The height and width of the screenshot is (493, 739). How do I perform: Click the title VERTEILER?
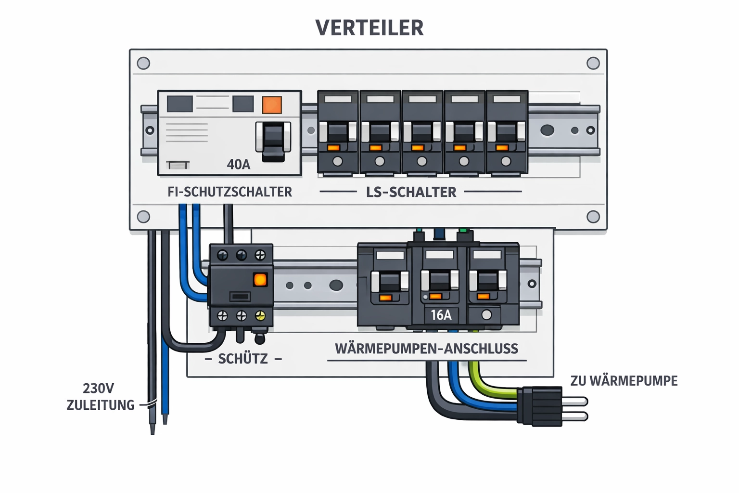[x=369, y=27]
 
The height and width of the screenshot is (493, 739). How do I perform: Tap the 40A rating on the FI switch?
[x=239, y=165]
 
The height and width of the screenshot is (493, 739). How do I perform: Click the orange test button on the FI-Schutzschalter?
[x=271, y=104]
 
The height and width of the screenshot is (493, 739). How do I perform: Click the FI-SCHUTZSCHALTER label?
[x=229, y=192]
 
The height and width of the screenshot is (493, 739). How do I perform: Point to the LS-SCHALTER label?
[x=411, y=192]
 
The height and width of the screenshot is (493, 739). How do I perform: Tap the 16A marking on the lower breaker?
[x=441, y=315]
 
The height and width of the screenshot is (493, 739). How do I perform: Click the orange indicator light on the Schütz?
[x=260, y=280]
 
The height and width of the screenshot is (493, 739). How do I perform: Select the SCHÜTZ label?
[x=242, y=359]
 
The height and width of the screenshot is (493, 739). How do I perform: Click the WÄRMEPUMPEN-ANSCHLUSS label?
[x=426, y=349]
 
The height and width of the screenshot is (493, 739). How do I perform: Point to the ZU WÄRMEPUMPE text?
[x=624, y=381]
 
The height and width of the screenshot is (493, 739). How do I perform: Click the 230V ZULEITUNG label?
[x=100, y=397]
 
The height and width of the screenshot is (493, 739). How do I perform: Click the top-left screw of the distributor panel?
[x=143, y=63]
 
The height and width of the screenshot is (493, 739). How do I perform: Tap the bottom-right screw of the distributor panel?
[x=593, y=217]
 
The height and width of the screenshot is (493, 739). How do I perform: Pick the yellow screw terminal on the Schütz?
[x=260, y=316]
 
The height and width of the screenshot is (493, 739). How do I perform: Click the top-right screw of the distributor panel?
[x=593, y=63]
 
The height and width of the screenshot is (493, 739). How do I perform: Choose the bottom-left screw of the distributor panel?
[x=143, y=217]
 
